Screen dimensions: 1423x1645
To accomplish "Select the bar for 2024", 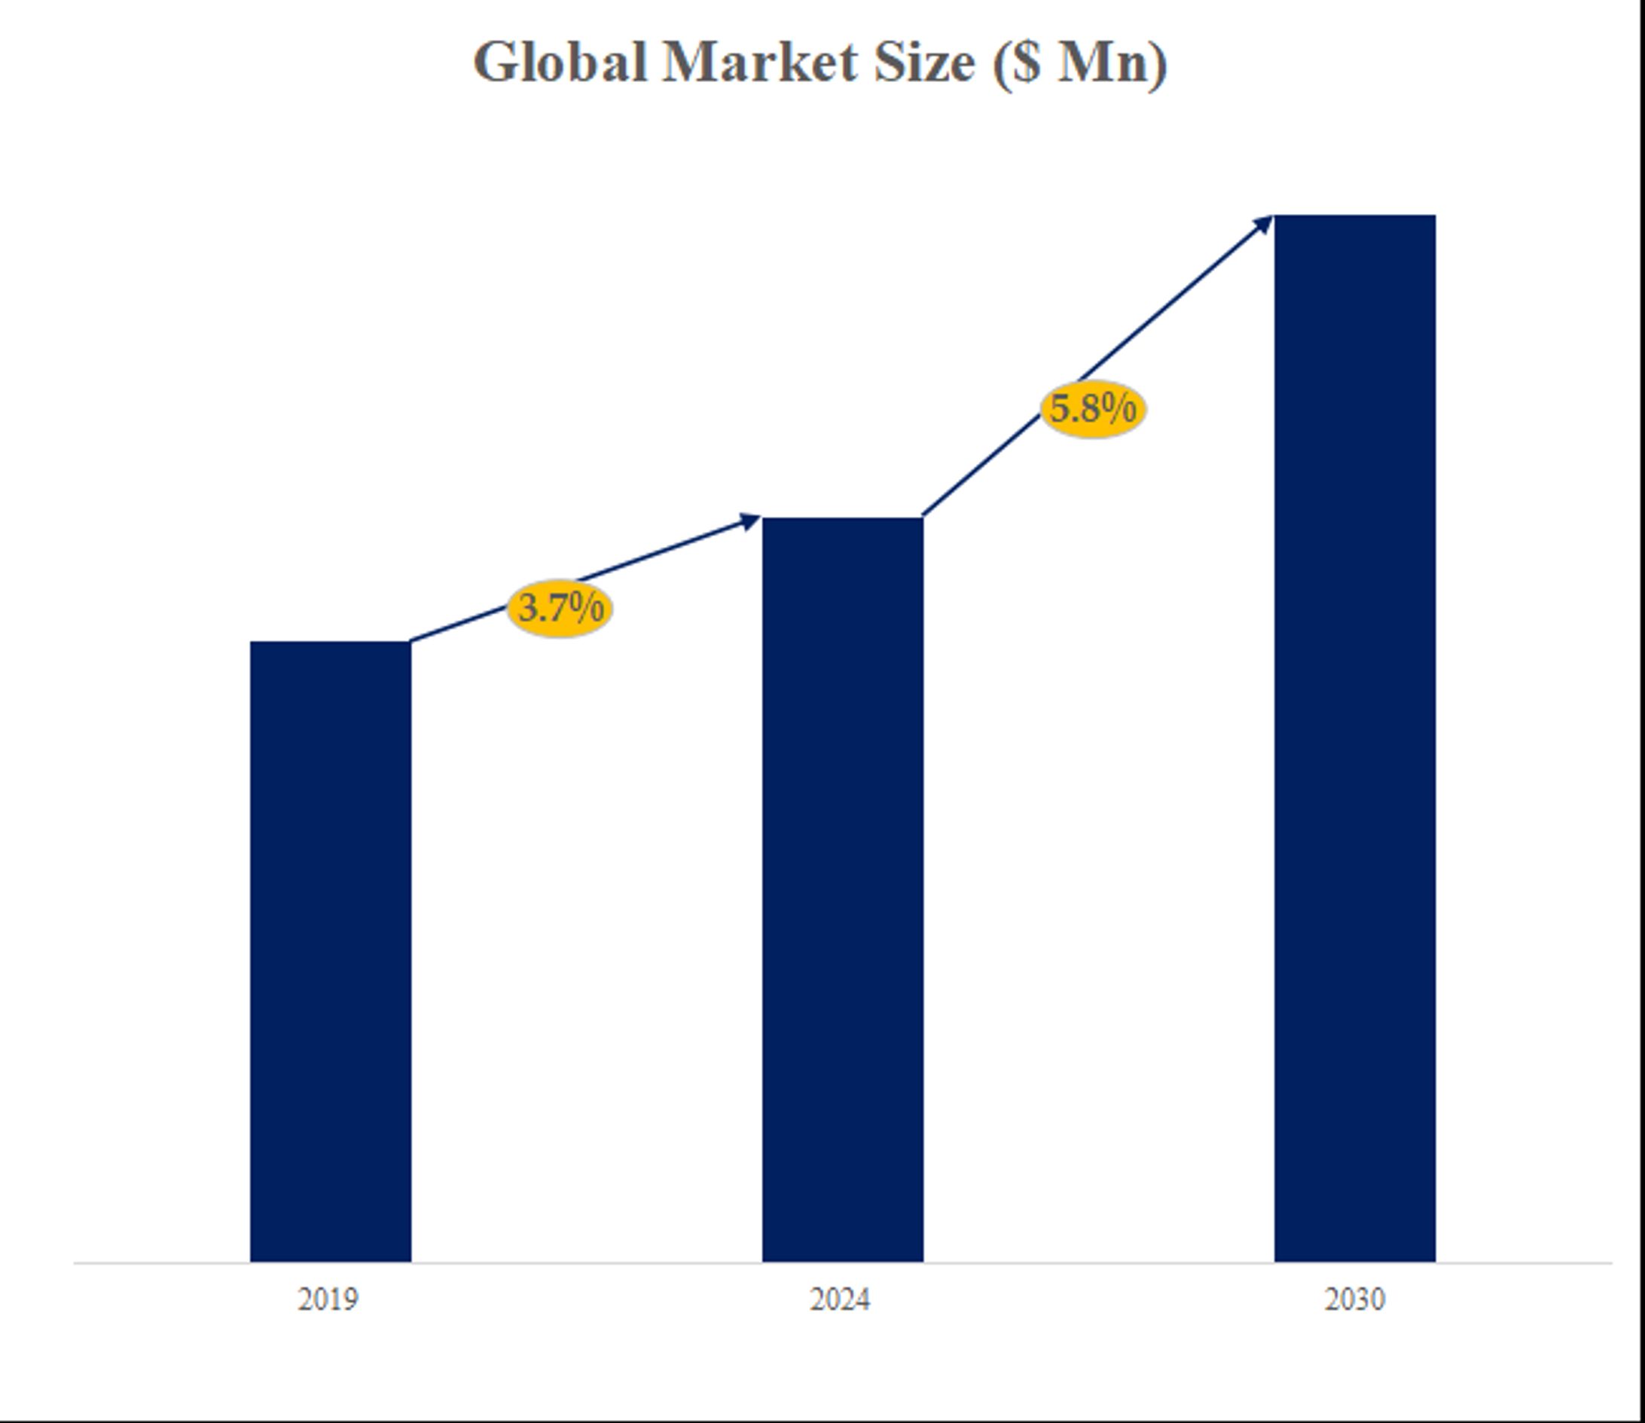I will [x=842, y=890].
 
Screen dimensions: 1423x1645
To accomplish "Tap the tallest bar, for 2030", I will [x=1354, y=738].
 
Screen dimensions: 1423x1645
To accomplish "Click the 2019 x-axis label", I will [x=328, y=1300].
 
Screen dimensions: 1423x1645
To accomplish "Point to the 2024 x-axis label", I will [x=840, y=1300].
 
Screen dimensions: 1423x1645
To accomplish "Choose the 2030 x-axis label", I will [x=1354, y=1300].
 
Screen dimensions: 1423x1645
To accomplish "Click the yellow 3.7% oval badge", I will [x=560, y=609].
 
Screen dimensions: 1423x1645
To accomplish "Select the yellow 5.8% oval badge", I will [x=1093, y=410].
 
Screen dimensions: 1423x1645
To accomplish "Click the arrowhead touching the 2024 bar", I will [x=750, y=522].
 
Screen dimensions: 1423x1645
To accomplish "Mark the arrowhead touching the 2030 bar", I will [x=1263, y=224].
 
